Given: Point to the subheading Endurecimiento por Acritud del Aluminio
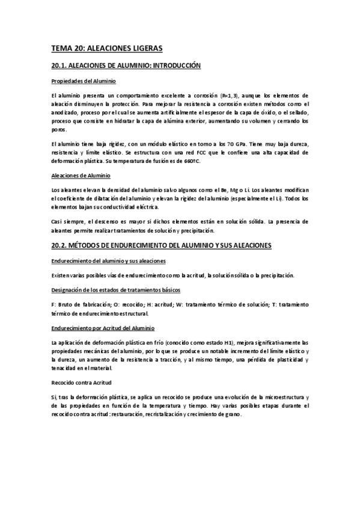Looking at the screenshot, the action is point(103,328).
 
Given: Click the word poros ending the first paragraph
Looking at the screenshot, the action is point(59,129).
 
